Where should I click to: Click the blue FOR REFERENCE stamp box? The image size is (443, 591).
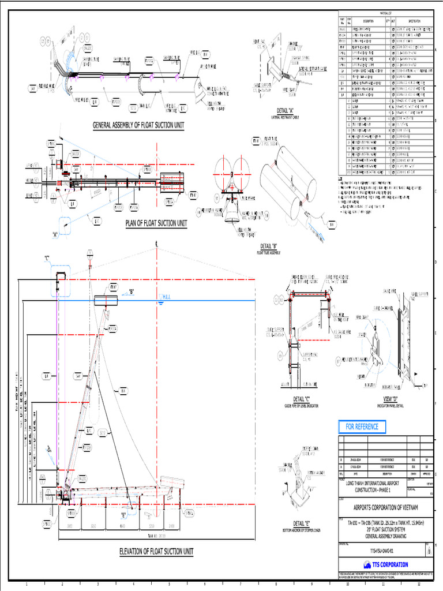click(x=362, y=427)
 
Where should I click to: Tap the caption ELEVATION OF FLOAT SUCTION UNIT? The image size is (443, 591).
click(x=156, y=551)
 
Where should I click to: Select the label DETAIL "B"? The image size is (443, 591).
click(x=270, y=246)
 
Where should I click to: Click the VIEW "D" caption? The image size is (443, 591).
click(x=391, y=399)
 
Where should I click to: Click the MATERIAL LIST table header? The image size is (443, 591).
click(x=384, y=13)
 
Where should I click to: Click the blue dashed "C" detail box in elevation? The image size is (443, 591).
click(x=61, y=280)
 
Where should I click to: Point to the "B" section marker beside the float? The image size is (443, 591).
click(x=132, y=292)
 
